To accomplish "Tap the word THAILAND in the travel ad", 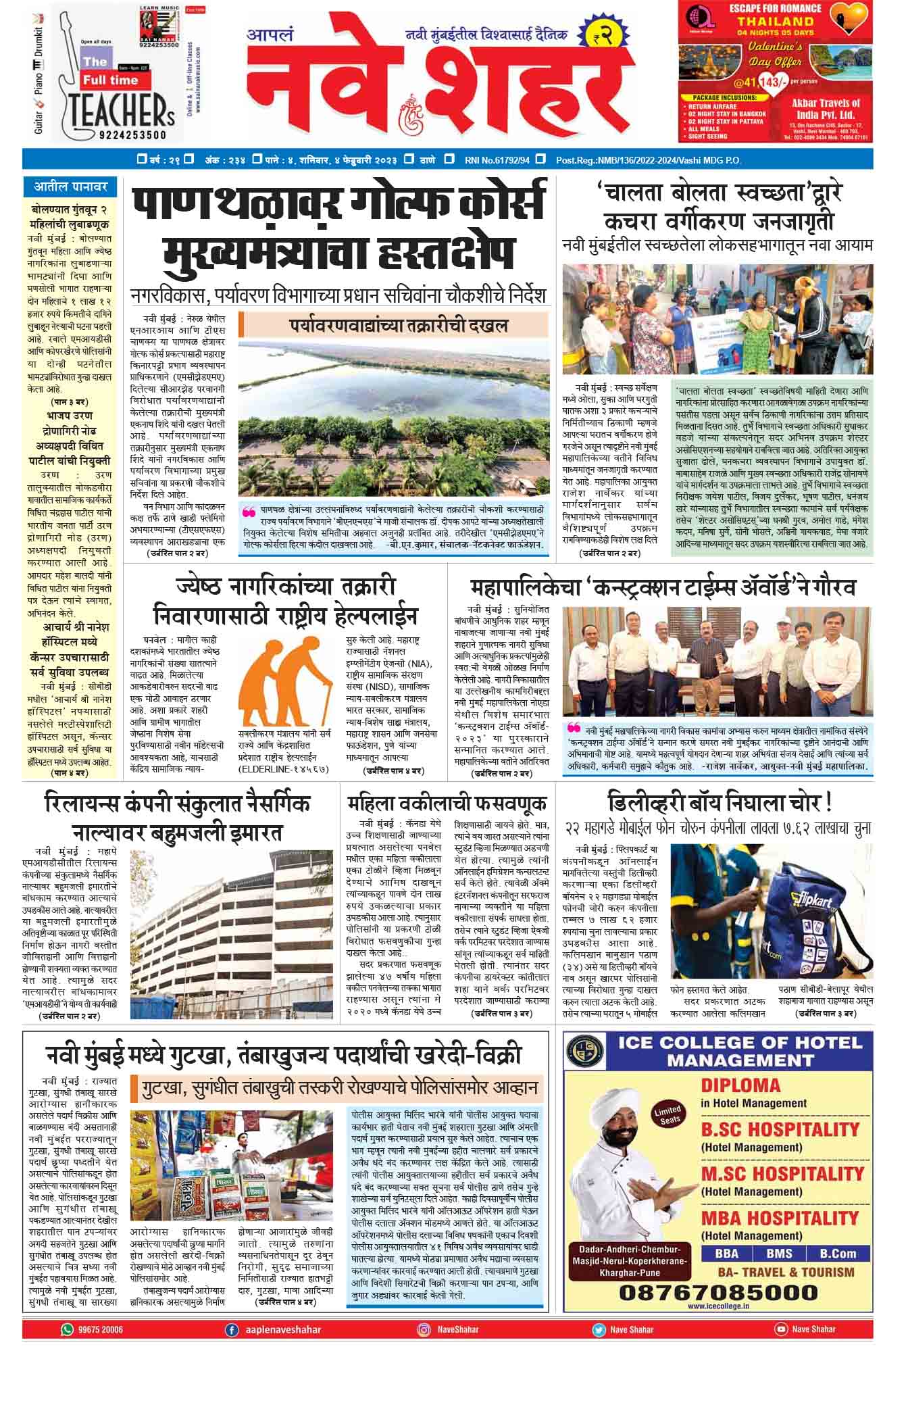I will tap(775, 22).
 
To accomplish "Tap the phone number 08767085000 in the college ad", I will tap(717, 1292).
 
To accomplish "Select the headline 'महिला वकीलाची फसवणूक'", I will tap(447, 804).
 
